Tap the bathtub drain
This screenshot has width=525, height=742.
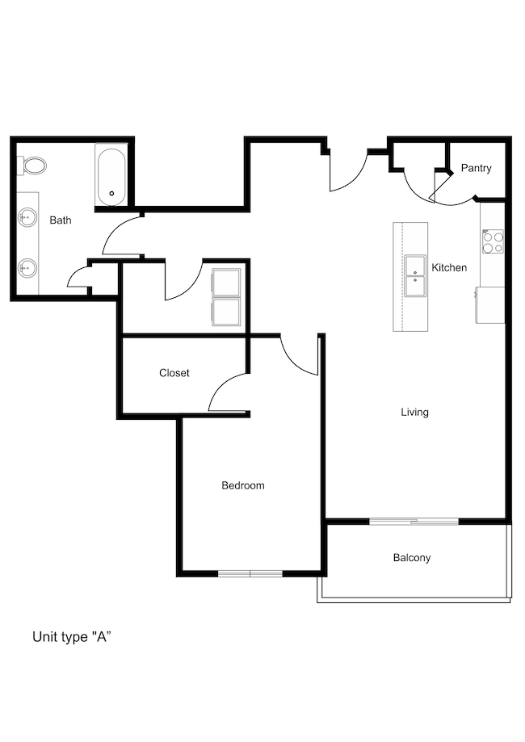112,193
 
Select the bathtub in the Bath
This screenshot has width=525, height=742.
111,174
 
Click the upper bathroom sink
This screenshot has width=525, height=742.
27,218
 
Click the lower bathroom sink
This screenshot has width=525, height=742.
27,269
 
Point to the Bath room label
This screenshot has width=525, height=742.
61,220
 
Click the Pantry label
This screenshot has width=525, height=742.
476,168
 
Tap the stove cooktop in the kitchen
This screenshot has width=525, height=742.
493,241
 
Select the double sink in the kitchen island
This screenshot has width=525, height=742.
415,275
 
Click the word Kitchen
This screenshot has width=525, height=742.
449,268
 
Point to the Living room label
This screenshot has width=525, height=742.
414,412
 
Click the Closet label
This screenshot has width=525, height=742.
174,373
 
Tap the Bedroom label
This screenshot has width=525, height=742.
243,485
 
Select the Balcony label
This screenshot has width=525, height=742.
412,558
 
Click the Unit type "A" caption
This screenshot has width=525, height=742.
72,637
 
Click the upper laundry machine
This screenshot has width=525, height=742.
226,283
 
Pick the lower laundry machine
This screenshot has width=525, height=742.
226,312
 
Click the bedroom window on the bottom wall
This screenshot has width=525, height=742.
250,573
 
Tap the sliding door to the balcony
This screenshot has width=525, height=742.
414,522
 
